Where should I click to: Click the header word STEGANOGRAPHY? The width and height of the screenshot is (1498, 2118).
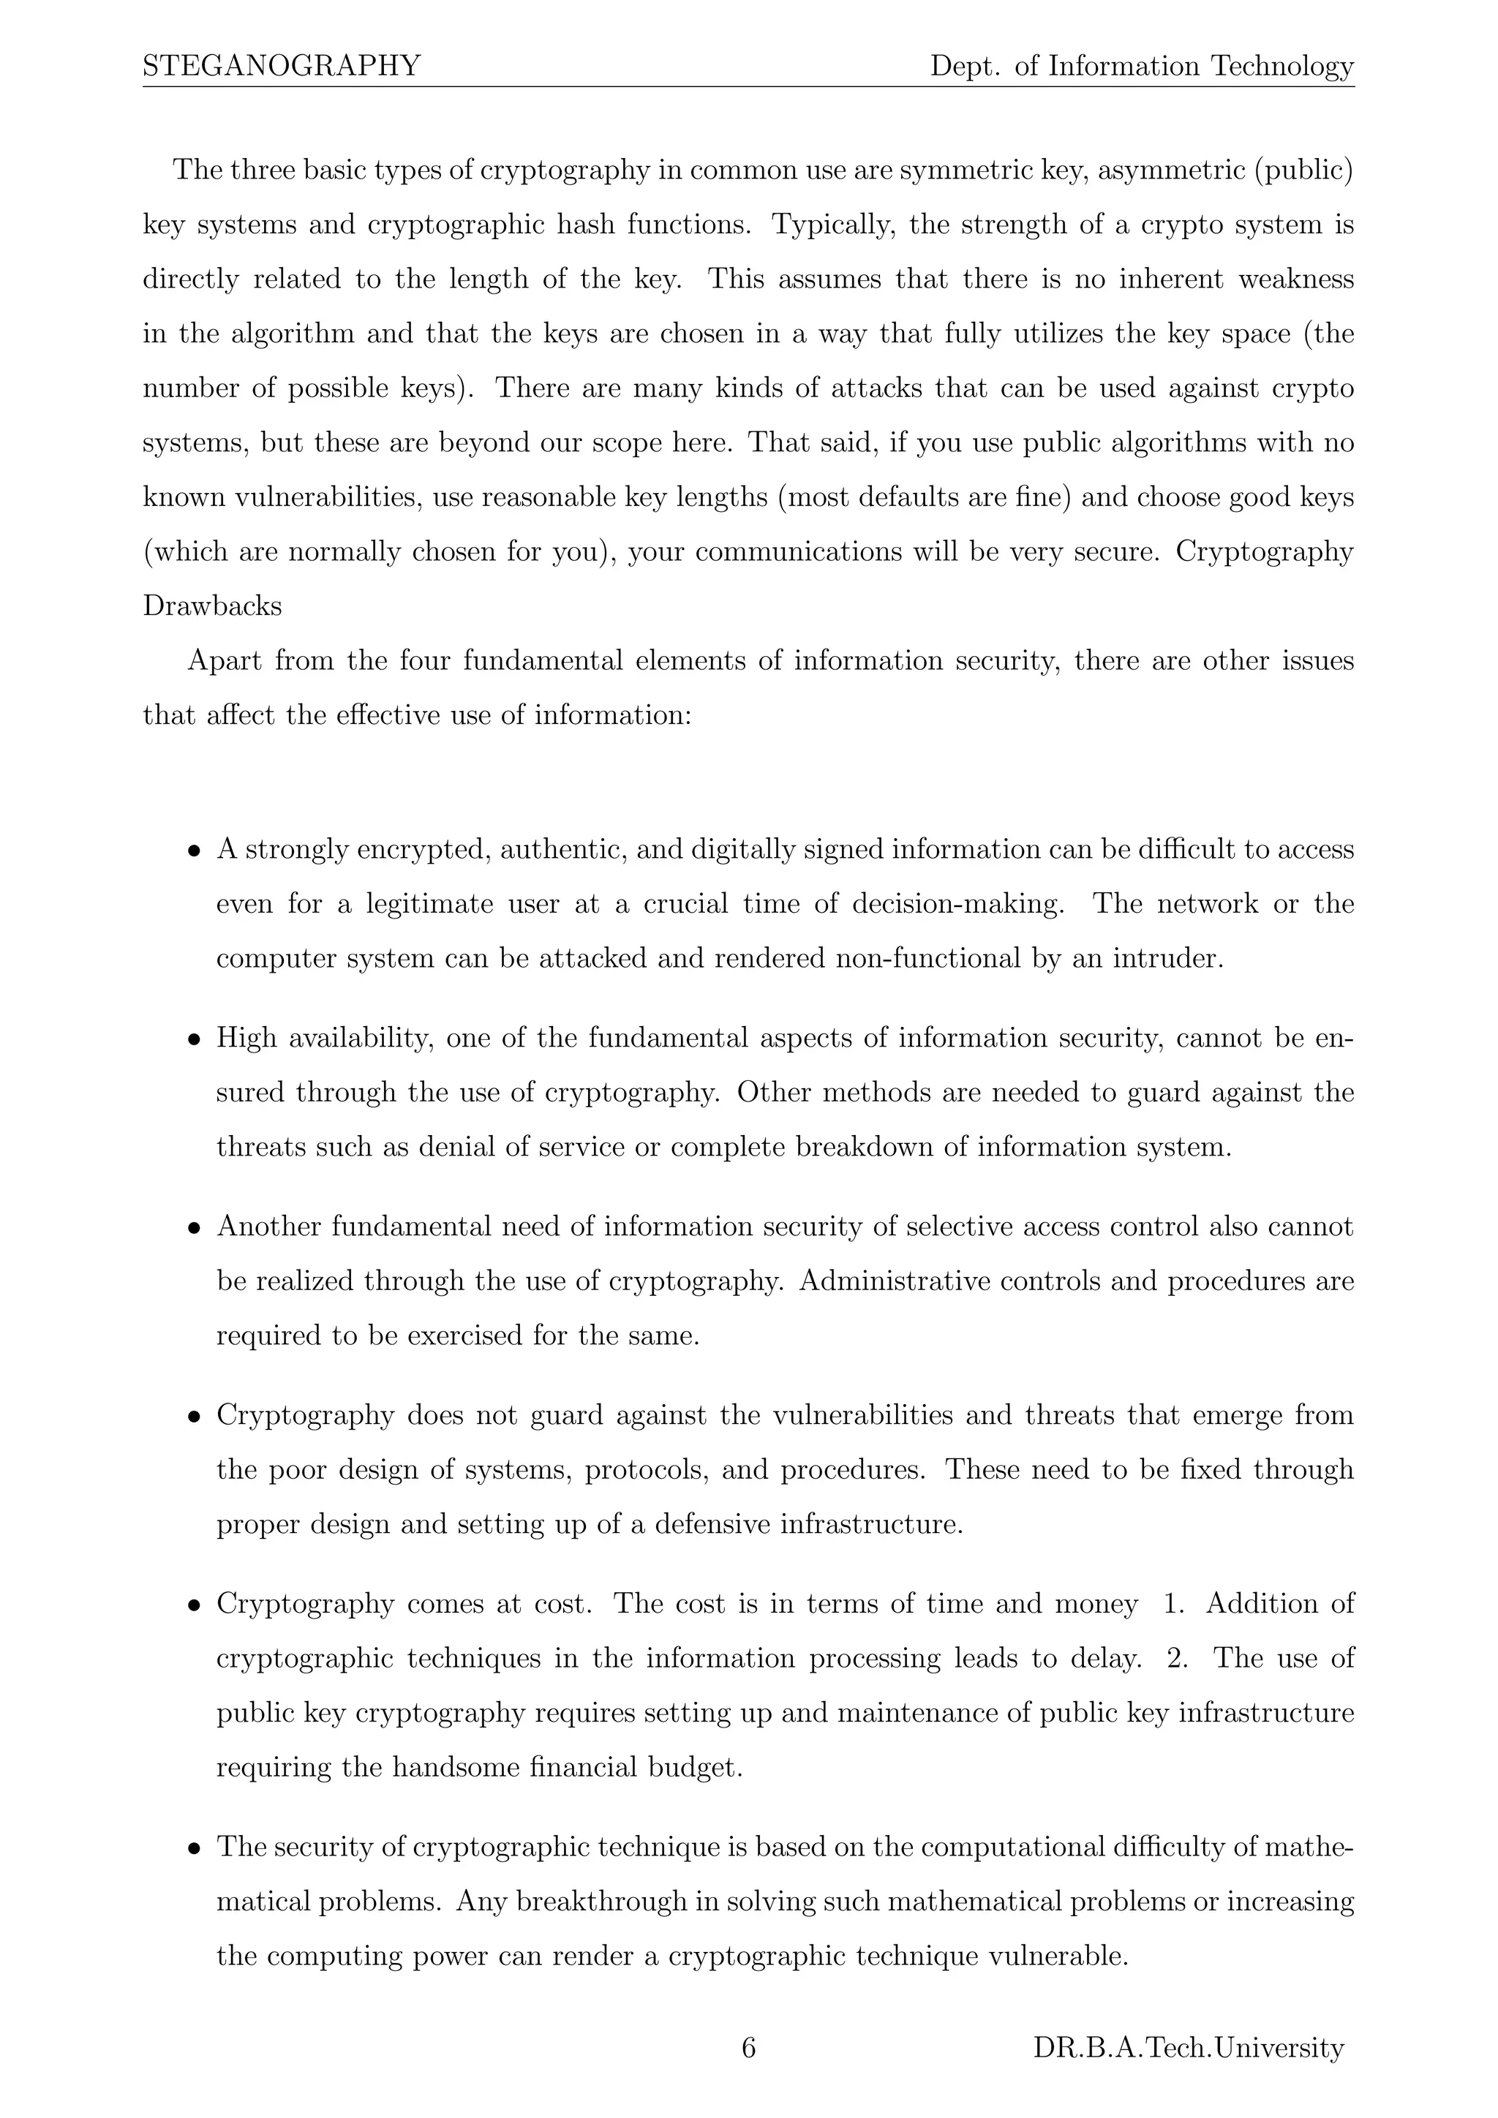[x=282, y=66]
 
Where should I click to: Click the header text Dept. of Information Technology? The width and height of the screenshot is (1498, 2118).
[x=1141, y=66]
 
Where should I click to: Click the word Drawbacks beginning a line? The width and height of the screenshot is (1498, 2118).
[x=212, y=606]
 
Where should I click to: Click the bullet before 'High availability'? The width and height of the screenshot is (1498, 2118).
[x=194, y=1041]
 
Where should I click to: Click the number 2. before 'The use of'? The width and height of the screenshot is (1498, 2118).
[x=1177, y=1659]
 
